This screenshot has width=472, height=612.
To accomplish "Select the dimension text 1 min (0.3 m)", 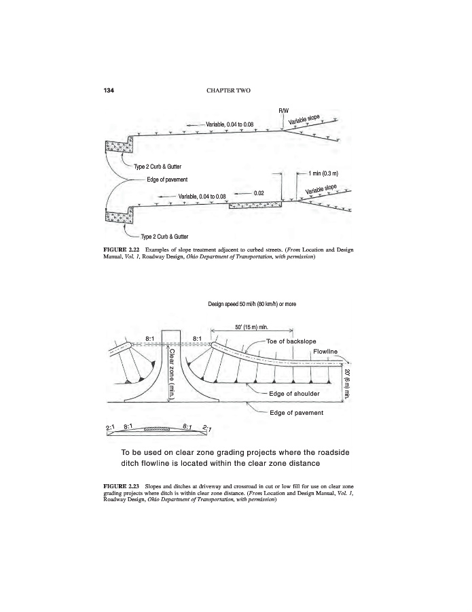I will (323, 174).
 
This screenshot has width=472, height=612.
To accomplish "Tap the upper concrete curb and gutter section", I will (120, 149).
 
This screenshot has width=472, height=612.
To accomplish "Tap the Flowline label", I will (324, 352).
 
